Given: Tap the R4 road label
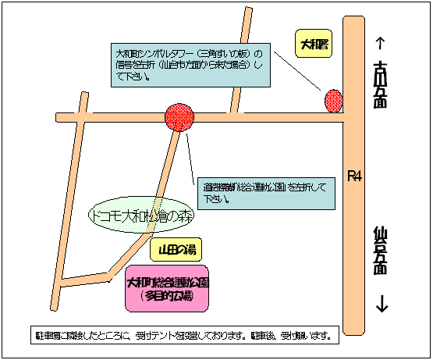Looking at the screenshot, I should point(355,177).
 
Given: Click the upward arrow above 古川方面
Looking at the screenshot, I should point(382,44).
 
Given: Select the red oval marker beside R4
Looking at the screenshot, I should point(333,101).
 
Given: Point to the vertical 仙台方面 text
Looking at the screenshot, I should point(382,250).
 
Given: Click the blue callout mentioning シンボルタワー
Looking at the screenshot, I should point(189,64).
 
